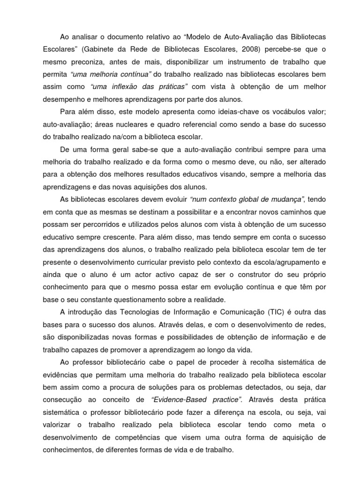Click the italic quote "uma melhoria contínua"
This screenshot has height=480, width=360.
point(110,74)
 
